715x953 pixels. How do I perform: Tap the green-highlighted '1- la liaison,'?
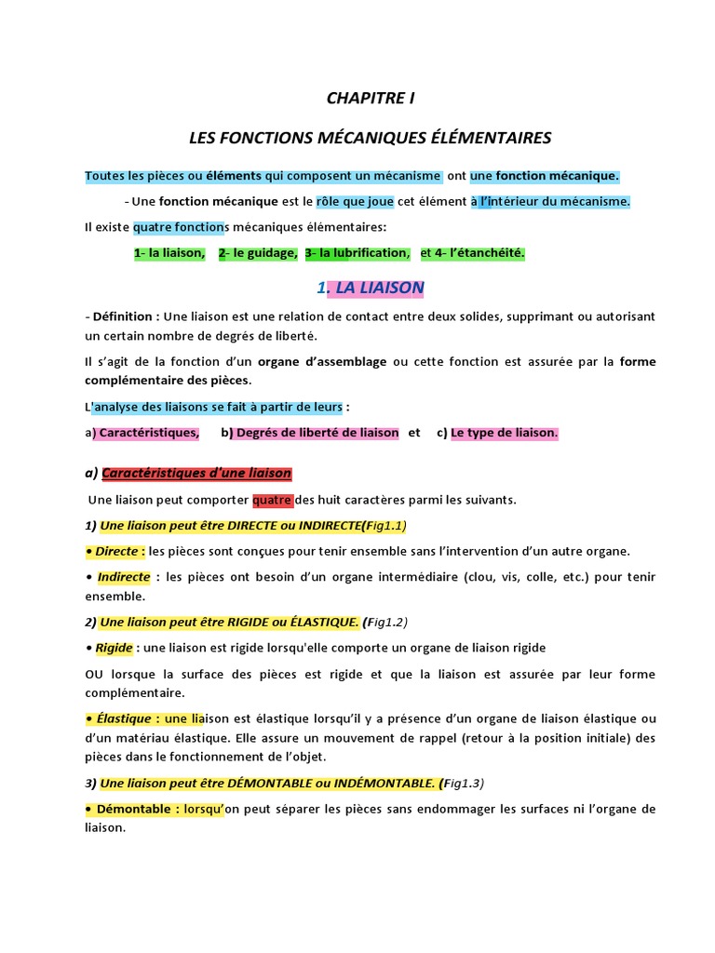[x=169, y=252]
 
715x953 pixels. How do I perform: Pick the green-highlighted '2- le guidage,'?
[x=258, y=252]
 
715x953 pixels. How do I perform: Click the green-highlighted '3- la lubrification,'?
[x=357, y=252]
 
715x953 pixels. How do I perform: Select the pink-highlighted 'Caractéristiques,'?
[x=148, y=432]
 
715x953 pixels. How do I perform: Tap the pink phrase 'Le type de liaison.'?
[x=504, y=432]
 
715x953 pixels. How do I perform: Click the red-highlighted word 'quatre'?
[x=272, y=500]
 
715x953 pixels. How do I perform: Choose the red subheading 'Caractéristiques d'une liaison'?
[x=196, y=473]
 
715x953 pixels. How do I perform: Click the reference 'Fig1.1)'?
[x=386, y=525]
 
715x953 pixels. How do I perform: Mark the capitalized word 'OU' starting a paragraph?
[x=94, y=673]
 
